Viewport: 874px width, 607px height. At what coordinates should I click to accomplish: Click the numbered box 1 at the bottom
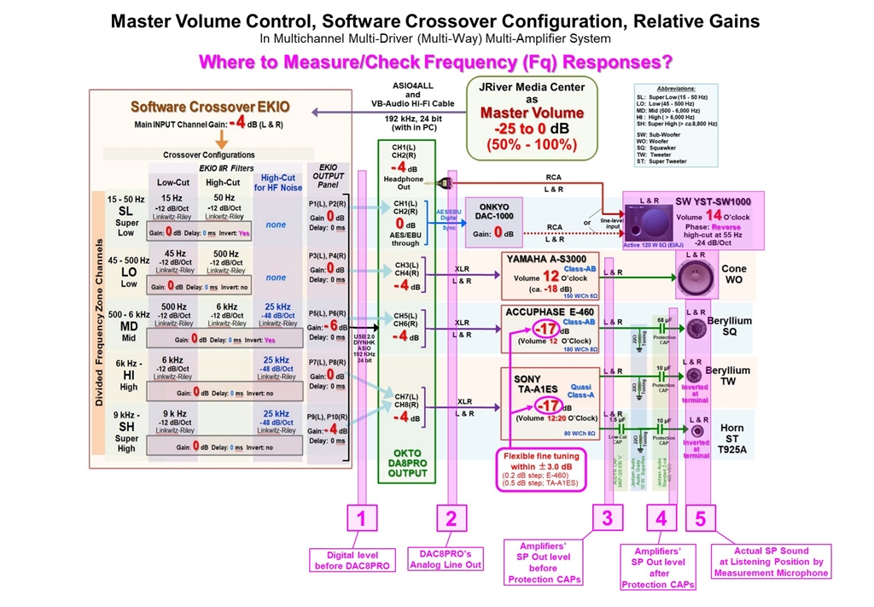point(361,517)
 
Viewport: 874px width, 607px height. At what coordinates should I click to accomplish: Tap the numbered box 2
point(452,517)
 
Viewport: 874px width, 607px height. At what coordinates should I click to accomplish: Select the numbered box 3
point(607,517)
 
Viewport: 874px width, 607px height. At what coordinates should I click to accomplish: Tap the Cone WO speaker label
point(734,273)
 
